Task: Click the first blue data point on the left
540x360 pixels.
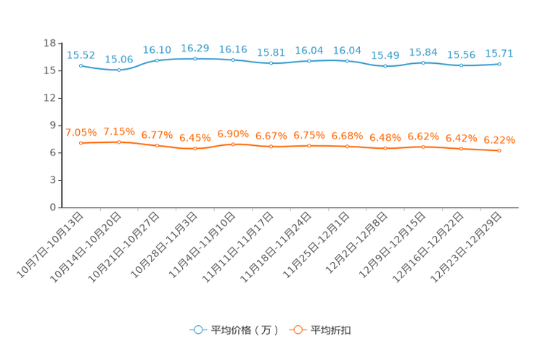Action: coord(81,65)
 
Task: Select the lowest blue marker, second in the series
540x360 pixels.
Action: coord(119,70)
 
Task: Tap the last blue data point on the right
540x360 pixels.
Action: coord(499,65)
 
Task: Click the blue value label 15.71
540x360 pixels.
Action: coord(499,53)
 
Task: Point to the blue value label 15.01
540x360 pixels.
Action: coord(271,52)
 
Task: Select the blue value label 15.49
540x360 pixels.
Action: coord(385,54)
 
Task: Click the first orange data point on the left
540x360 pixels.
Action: coord(81,143)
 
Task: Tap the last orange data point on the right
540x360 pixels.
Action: coord(499,151)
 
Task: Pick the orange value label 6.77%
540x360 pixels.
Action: coord(157,135)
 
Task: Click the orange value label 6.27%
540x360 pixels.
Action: coord(499,140)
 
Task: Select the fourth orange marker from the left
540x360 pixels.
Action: coord(195,149)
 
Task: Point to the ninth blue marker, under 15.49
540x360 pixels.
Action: coord(385,66)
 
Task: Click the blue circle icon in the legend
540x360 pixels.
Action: coord(197,330)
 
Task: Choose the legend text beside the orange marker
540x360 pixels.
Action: coord(332,330)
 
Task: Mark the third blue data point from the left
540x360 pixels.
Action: coord(157,60)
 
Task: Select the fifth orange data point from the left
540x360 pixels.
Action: coord(233,144)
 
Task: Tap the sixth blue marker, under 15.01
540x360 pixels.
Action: coord(271,63)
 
